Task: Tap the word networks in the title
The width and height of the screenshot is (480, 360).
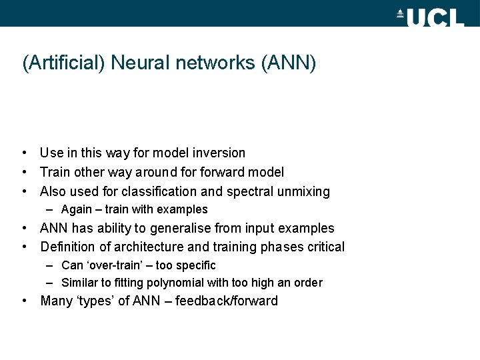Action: pos(215,63)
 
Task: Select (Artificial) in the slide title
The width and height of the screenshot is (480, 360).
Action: pos(64,63)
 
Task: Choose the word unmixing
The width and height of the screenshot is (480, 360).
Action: pos(303,192)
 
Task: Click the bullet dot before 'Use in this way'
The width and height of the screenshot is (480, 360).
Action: pos(24,153)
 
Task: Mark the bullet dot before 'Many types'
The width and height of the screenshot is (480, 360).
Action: pos(24,301)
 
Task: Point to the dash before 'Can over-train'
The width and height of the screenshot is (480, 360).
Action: pos(51,265)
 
